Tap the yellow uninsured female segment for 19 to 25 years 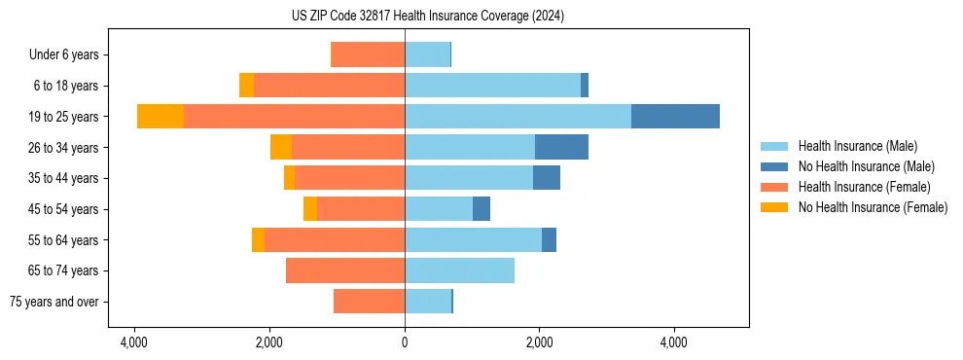pyautogui.click(x=160, y=117)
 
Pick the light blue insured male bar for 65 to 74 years pyautogui.click(x=459, y=270)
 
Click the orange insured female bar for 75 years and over pyautogui.click(x=369, y=302)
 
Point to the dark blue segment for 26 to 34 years pyautogui.click(x=561, y=147)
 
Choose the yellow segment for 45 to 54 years pyautogui.click(x=310, y=209)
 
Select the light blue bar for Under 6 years pyautogui.click(x=427, y=54)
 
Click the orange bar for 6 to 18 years pyautogui.click(x=329, y=86)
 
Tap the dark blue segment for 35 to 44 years pyautogui.click(x=547, y=178)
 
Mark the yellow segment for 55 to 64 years pyautogui.click(x=258, y=239)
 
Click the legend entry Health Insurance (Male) pyautogui.click(x=857, y=146)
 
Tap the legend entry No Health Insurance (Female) pyautogui.click(x=873, y=207)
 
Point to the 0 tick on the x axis pyautogui.click(x=405, y=342)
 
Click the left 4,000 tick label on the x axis pyautogui.click(x=133, y=342)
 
